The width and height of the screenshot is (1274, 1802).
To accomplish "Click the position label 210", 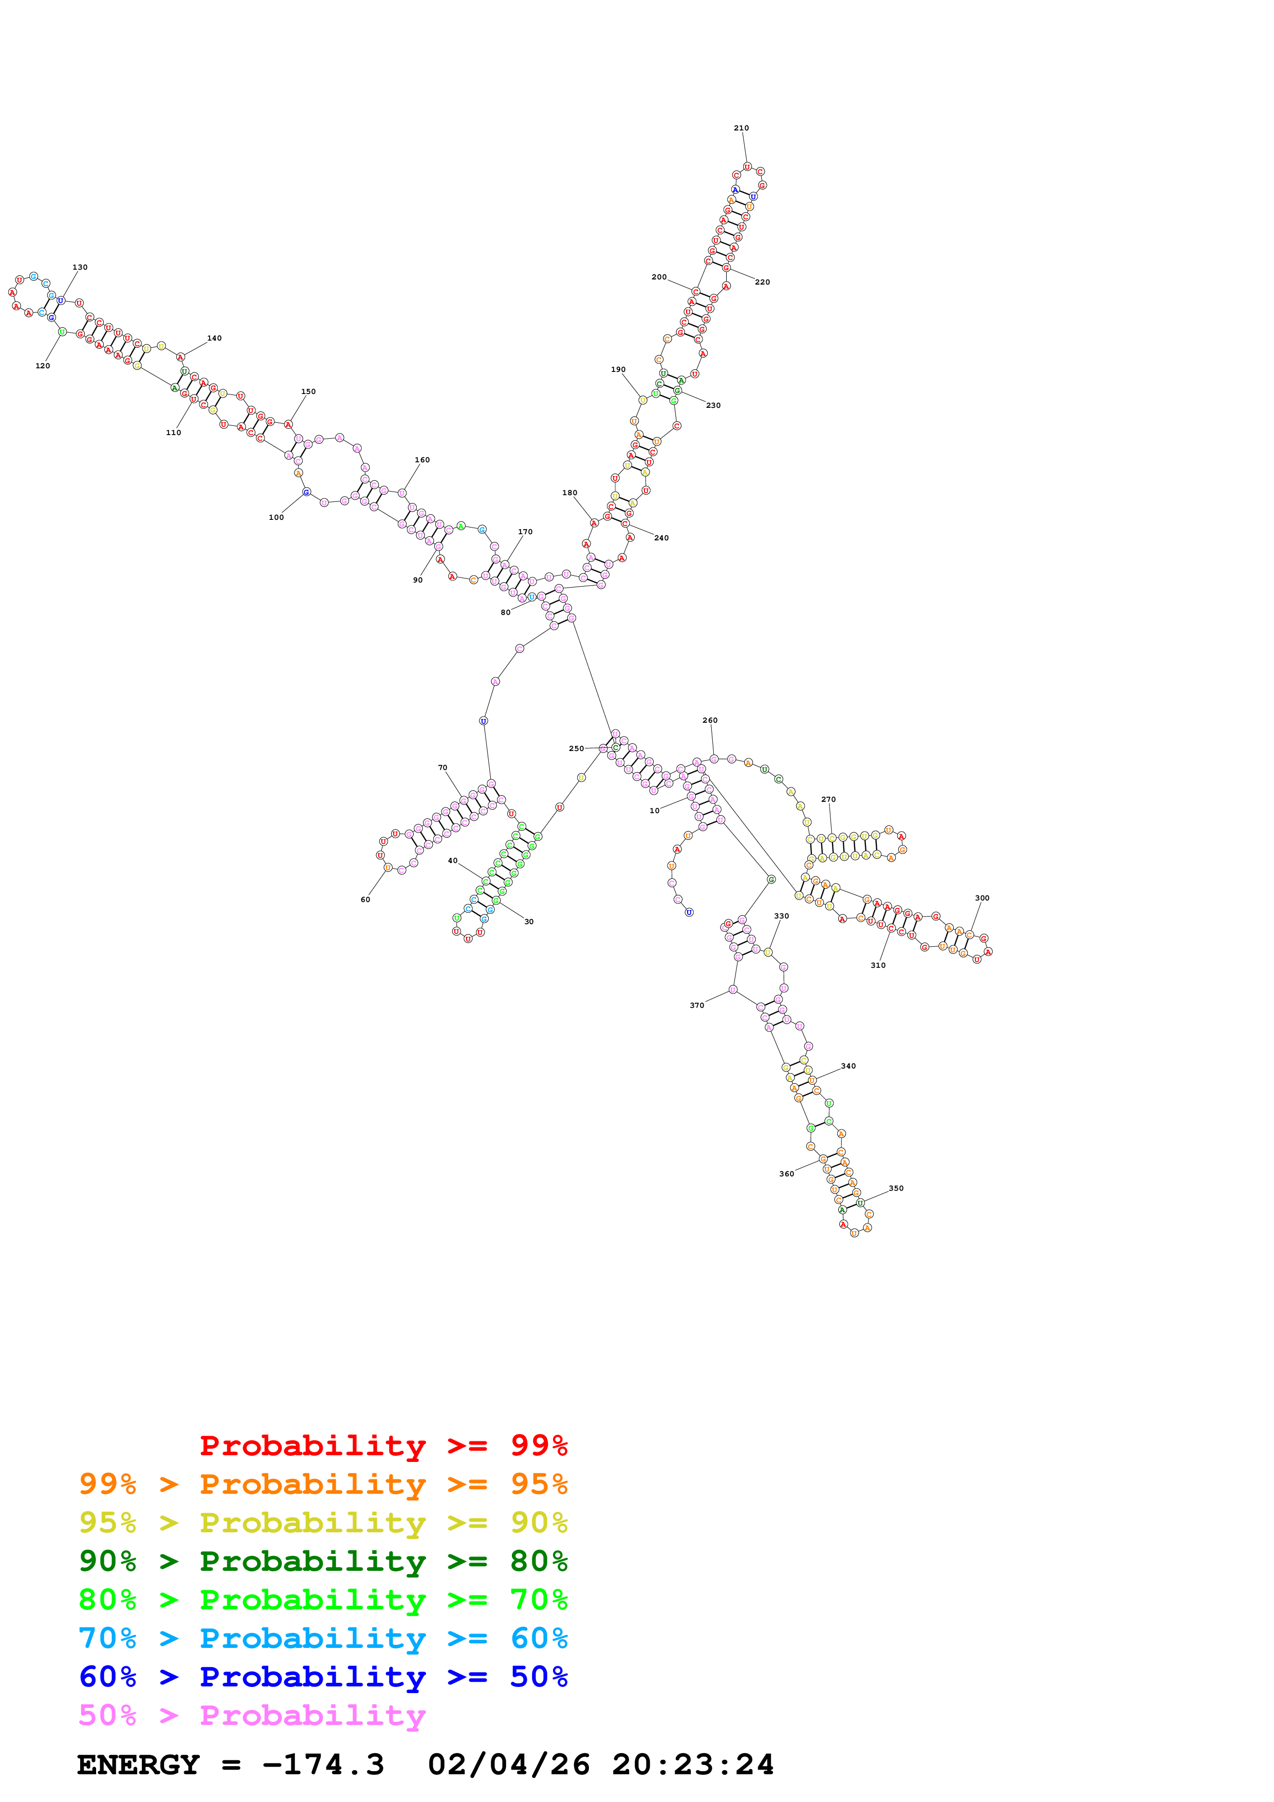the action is pyautogui.click(x=741, y=128).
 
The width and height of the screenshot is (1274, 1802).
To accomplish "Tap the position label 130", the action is pyautogui.click(x=80, y=267).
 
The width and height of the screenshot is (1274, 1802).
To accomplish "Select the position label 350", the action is pyautogui.click(x=896, y=1188).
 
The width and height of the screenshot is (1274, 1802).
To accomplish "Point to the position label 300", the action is pyautogui.click(x=982, y=898).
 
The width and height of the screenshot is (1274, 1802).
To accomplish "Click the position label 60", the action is pyautogui.click(x=365, y=899).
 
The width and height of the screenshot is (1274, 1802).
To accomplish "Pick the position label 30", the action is pyautogui.click(x=529, y=922).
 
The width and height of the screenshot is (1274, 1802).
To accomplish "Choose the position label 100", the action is pyautogui.click(x=276, y=517).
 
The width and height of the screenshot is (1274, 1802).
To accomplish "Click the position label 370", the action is pyautogui.click(x=697, y=1005).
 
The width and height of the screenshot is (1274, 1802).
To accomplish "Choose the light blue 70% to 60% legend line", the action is pyautogui.click(x=323, y=1638).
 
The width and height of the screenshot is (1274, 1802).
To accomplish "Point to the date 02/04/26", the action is pyautogui.click(x=509, y=1765).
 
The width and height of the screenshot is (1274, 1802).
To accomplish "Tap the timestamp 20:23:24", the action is pyautogui.click(x=693, y=1765).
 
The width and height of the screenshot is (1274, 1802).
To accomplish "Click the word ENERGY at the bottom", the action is pyautogui.click(x=138, y=1765).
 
